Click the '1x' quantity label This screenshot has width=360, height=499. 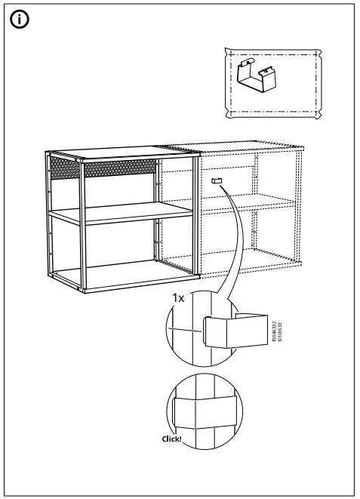177,299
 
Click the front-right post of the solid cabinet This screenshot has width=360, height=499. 196,226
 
